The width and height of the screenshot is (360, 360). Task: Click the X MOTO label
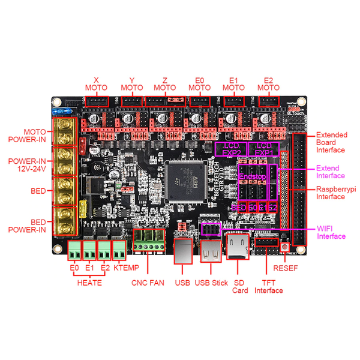coord(96,83)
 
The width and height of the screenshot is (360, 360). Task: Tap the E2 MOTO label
coord(268,83)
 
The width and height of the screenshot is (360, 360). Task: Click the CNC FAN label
coord(147,282)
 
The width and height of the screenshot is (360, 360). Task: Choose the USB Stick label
coord(211,282)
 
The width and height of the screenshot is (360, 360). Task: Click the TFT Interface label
coord(268,287)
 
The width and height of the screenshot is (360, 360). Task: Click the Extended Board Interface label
coord(331,142)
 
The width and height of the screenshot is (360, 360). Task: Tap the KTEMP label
coord(119,268)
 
